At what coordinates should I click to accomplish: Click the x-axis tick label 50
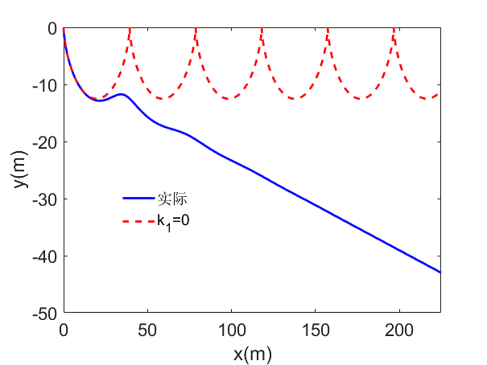[147, 328]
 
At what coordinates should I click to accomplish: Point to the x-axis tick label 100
[231, 328]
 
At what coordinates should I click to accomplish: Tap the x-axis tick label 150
[315, 328]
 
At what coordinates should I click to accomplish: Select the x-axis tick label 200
[398, 328]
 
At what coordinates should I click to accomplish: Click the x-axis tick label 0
[64, 328]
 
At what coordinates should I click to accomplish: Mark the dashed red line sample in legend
[138, 219]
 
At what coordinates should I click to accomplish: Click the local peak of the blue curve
[122, 94]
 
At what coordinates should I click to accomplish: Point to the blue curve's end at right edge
[440, 273]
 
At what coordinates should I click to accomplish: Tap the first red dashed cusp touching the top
[130, 30]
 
